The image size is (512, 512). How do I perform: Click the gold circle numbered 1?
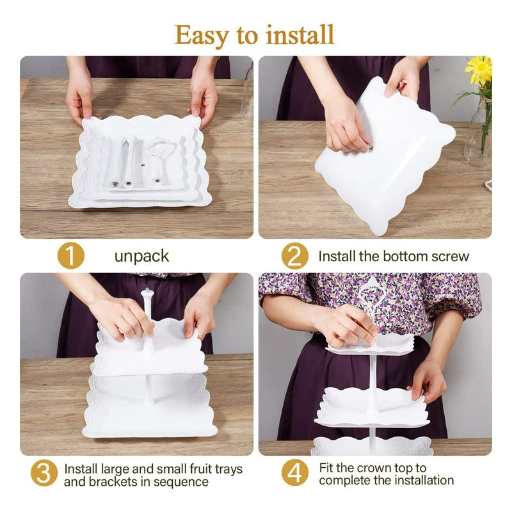(71, 256)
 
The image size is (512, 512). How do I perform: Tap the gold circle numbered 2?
(295, 256)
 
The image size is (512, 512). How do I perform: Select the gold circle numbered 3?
(44, 473)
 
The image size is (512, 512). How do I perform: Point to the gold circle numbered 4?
(295, 473)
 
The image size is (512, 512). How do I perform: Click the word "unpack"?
(141, 257)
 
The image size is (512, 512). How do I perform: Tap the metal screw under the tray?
(371, 148)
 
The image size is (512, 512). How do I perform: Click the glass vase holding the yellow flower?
(478, 134)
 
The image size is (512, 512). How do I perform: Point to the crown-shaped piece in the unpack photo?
(159, 160)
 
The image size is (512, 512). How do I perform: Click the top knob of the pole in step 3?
(147, 292)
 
